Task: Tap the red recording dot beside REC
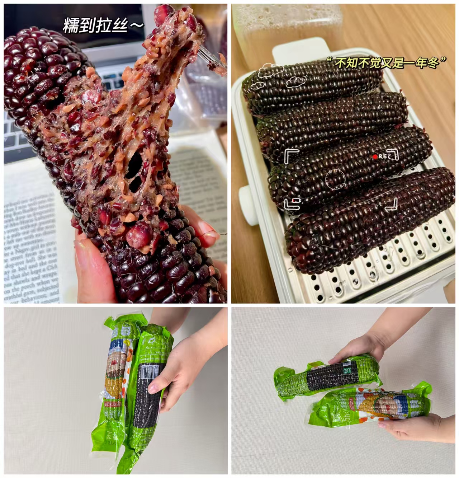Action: point(375,156)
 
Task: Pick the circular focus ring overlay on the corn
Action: point(335,180)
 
